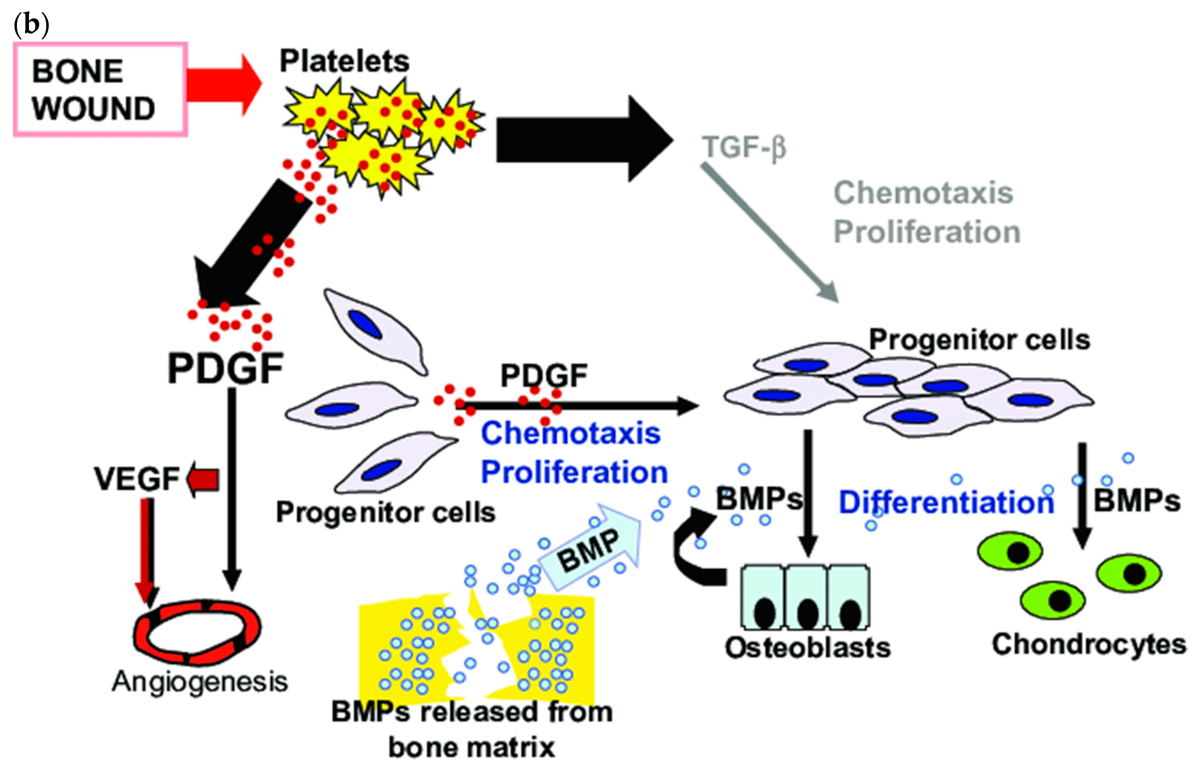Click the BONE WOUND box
pos(100,89)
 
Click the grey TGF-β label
pos(743,148)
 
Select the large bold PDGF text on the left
pos(226,368)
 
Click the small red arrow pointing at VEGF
pos(203,480)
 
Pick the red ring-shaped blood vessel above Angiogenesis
pos(197,632)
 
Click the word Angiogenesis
pos(199,682)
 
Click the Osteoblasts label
pos(807,648)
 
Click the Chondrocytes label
pos(1089,644)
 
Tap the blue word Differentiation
pos(946,502)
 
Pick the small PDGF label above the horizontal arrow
pos(544,375)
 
